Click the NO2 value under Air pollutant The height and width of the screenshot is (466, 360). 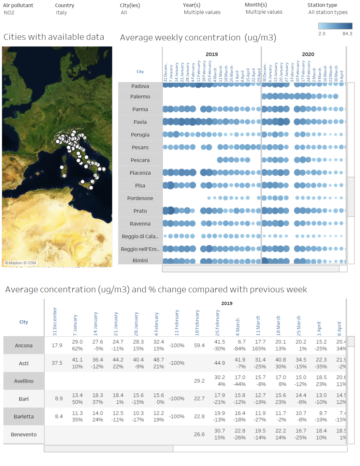9,13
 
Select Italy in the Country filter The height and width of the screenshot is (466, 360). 61,13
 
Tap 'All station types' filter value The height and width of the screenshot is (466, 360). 328,12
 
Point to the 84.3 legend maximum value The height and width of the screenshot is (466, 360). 347,34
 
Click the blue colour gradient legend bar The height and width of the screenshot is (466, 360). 335,26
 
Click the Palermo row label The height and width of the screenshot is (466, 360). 140,97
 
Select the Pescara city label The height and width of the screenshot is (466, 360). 140,160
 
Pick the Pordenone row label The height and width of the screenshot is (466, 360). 140,198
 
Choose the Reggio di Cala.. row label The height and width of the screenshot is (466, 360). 140,237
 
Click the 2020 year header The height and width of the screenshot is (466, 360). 308,54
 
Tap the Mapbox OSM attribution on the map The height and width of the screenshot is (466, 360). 21,263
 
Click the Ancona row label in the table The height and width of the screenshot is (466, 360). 24,346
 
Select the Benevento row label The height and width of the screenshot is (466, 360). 24,435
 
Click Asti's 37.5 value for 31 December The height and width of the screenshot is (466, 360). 57,363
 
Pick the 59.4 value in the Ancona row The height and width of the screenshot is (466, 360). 199,345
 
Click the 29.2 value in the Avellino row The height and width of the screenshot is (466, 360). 199,381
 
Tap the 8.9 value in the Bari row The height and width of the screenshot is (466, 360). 59,399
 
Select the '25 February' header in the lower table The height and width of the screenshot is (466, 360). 217,323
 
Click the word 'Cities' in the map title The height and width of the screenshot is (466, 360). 14,37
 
